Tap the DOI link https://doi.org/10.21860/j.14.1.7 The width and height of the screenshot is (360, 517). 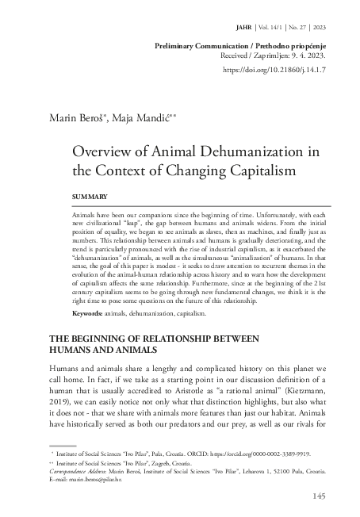282,70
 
